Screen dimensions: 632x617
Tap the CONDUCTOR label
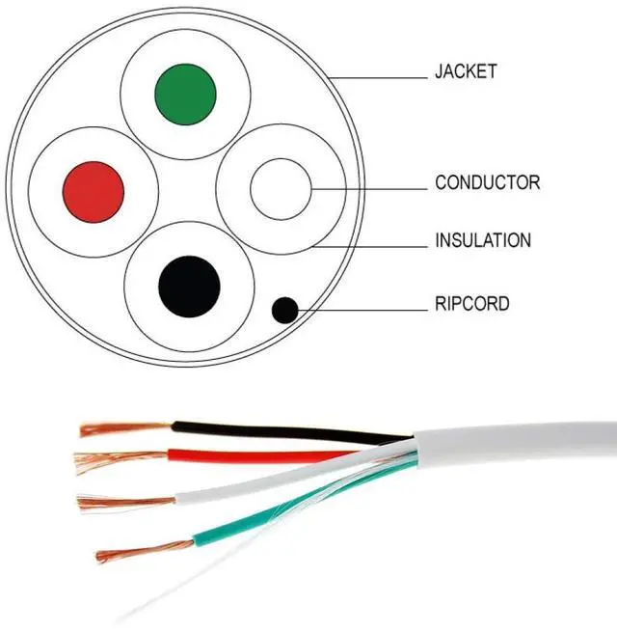pyautogui.click(x=487, y=182)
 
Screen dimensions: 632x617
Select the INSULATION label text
pyautogui.click(x=482, y=240)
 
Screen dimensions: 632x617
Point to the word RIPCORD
pyautogui.click(x=471, y=305)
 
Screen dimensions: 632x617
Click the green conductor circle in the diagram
pyautogui.click(x=185, y=94)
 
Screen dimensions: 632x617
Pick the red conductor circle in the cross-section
pyautogui.click(x=94, y=189)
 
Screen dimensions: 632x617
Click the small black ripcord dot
pyautogui.click(x=284, y=310)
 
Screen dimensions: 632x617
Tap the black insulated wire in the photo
pyautogui.click(x=280, y=432)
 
